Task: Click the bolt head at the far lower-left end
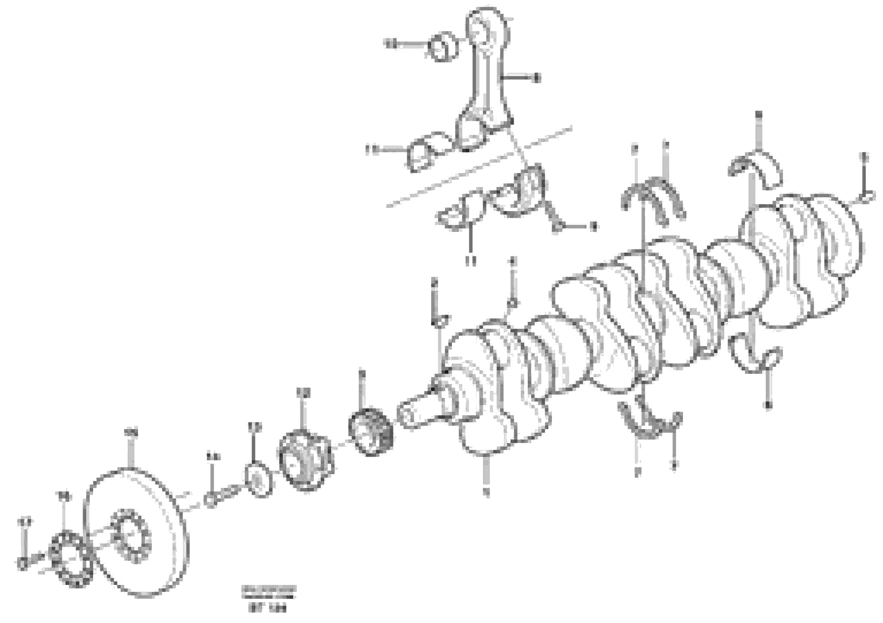[x=22, y=563]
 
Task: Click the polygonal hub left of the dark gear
[x=306, y=460]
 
